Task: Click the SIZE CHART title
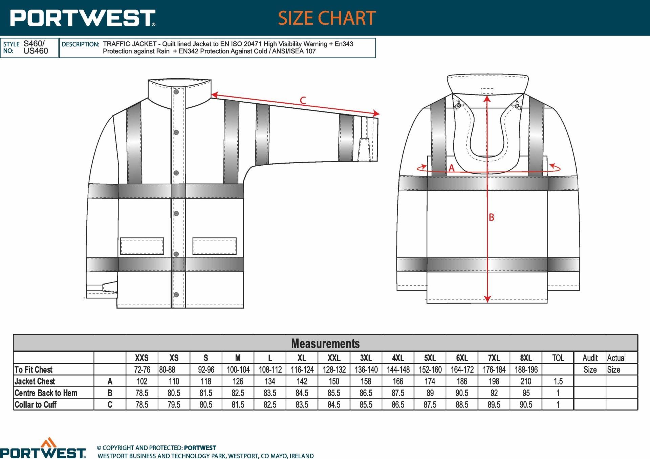[327, 18]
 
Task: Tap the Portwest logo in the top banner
[83, 18]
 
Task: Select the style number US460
[36, 51]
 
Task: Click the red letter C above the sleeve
[303, 100]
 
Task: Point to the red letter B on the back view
[492, 217]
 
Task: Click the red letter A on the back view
[451, 168]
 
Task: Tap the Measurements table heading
[325, 343]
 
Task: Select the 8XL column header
[526, 358]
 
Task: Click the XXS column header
[142, 358]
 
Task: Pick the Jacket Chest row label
[35, 381]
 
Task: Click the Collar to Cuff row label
[36, 404]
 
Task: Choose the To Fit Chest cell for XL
[302, 370]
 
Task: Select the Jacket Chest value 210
[526, 381]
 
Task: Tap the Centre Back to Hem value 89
[430, 393]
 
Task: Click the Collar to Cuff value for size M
[238, 404]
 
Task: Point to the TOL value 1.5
[558, 381]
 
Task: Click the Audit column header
[590, 358]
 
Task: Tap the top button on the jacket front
[176, 92]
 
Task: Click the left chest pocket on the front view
[142, 246]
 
